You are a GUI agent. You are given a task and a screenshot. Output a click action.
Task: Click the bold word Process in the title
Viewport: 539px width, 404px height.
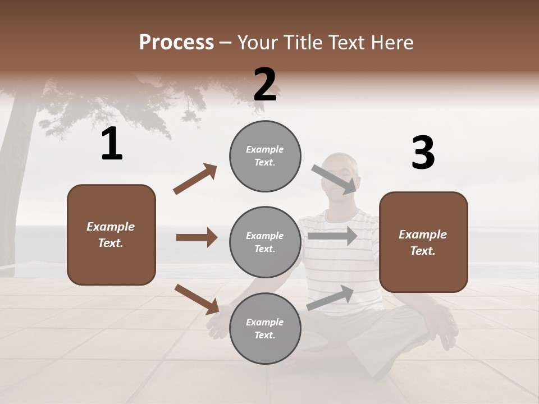pyautogui.click(x=176, y=42)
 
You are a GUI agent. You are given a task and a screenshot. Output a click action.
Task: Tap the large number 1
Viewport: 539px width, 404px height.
pyautogui.click(x=112, y=144)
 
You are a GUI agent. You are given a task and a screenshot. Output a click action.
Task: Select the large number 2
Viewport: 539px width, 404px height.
pyautogui.click(x=265, y=85)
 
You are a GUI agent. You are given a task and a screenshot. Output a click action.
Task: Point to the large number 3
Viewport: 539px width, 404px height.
pyautogui.click(x=423, y=153)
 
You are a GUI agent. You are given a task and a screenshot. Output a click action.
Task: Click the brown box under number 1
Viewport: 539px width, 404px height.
pyautogui.click(x=111, y=235)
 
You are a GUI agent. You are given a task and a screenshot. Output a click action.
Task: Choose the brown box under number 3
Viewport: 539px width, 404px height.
pyautogui.click(x=423, y=242)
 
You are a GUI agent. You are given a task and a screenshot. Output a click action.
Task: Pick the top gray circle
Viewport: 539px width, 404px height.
pyautogui.click(x=265, y=156)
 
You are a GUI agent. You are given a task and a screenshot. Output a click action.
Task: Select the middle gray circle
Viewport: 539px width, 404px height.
pyautogui.click(x=265, y=242)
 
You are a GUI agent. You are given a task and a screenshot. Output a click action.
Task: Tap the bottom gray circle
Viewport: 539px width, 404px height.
pyautogui.click(x=265, y=328)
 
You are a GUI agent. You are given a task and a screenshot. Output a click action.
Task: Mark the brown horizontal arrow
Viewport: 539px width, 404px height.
pyautogui.click(x=197, y=237)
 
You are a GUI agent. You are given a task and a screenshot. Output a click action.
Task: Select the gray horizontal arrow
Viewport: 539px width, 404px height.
pyautogui.click(x=332, y=236)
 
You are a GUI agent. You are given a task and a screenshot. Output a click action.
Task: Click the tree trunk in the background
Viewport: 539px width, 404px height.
pyautogui.click(x=17, y=168)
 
